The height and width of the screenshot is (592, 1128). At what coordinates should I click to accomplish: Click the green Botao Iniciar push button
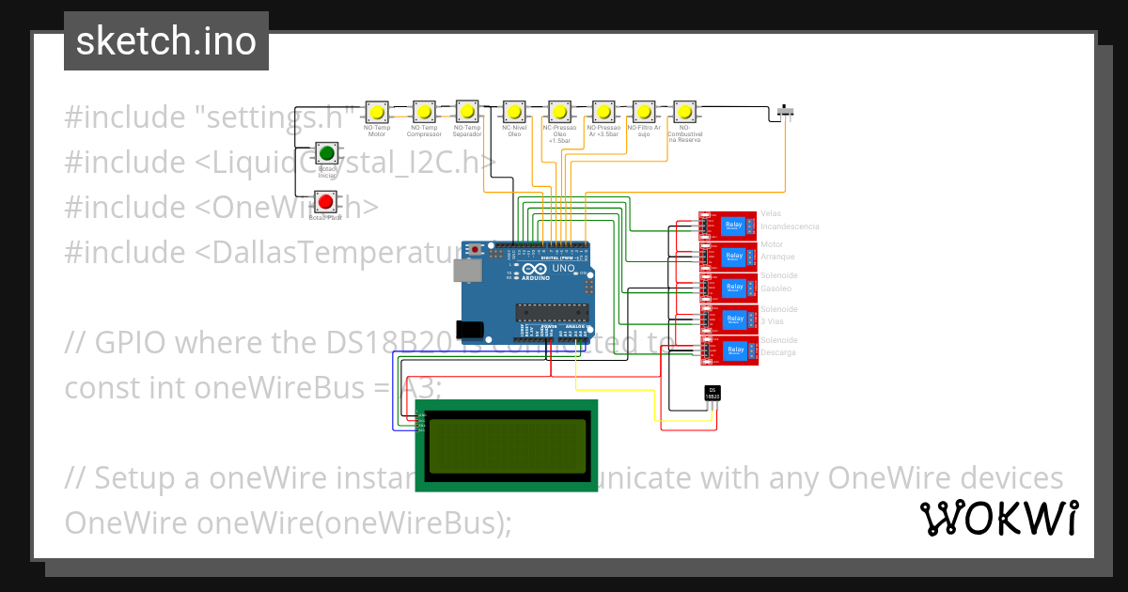326,153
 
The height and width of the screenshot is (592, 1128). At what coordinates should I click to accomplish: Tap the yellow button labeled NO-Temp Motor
377,112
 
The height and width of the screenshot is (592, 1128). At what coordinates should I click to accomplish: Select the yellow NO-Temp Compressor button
424,112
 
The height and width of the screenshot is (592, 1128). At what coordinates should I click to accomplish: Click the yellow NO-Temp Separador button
467,112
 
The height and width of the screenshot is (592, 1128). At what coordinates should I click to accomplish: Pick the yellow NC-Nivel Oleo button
514,112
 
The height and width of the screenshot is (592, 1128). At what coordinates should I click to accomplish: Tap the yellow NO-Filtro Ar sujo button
644,112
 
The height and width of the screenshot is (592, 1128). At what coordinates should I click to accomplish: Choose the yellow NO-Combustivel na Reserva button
685,112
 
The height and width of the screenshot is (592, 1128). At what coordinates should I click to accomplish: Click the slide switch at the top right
788,113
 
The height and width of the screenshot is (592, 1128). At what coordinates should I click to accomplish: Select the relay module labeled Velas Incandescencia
728,226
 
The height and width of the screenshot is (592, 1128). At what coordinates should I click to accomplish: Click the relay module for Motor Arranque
728,257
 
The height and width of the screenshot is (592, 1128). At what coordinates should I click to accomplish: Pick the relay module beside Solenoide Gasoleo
728,288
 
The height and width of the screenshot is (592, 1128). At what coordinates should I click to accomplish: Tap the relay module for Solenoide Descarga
728,351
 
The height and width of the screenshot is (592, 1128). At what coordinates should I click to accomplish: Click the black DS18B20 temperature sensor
713,394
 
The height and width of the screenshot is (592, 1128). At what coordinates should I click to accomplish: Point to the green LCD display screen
506,445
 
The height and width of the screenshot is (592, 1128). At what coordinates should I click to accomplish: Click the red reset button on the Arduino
477,250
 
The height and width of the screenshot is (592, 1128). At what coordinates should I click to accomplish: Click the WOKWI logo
998,518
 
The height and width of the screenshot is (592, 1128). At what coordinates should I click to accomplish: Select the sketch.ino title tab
166,41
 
